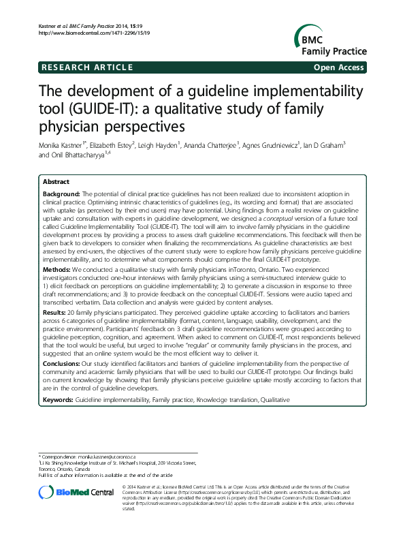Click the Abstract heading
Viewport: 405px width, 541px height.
click(x=56, y=183)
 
